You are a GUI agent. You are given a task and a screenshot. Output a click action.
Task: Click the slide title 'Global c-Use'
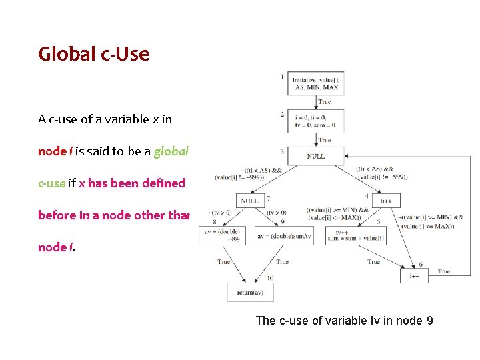tap(93, 54)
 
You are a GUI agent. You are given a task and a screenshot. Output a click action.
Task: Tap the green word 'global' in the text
tap(171, 151)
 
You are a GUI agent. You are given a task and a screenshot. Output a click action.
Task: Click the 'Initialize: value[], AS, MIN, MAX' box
tap(316, 83)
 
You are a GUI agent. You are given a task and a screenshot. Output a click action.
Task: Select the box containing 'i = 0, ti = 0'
tap(316, 120)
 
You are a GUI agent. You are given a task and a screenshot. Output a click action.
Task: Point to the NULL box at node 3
tap(316, 156)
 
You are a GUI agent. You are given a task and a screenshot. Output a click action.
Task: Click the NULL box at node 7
tap(250, 200)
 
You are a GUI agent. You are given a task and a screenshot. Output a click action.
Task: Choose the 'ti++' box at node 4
tap(385, 200)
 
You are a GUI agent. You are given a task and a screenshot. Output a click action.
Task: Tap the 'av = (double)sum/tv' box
tap(283, 236)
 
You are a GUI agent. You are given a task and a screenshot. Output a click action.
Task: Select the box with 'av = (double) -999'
tap(223, 235)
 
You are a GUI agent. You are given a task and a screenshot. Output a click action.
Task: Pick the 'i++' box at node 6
tap(414, 275)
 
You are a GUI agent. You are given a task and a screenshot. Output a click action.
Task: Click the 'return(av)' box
tap(251, 293)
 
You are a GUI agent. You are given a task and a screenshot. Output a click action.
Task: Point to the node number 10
tap(270, 278)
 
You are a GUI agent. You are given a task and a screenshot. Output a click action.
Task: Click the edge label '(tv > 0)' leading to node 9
tap(276, 213)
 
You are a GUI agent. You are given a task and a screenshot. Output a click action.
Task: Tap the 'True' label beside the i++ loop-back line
tap(444, 271)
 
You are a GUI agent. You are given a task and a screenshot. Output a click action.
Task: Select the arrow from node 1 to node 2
tap(316, 101)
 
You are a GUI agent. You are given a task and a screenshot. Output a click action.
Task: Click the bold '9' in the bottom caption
tap(429, 321)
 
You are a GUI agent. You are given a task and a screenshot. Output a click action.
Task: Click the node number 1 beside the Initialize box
tap(282, 77)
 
